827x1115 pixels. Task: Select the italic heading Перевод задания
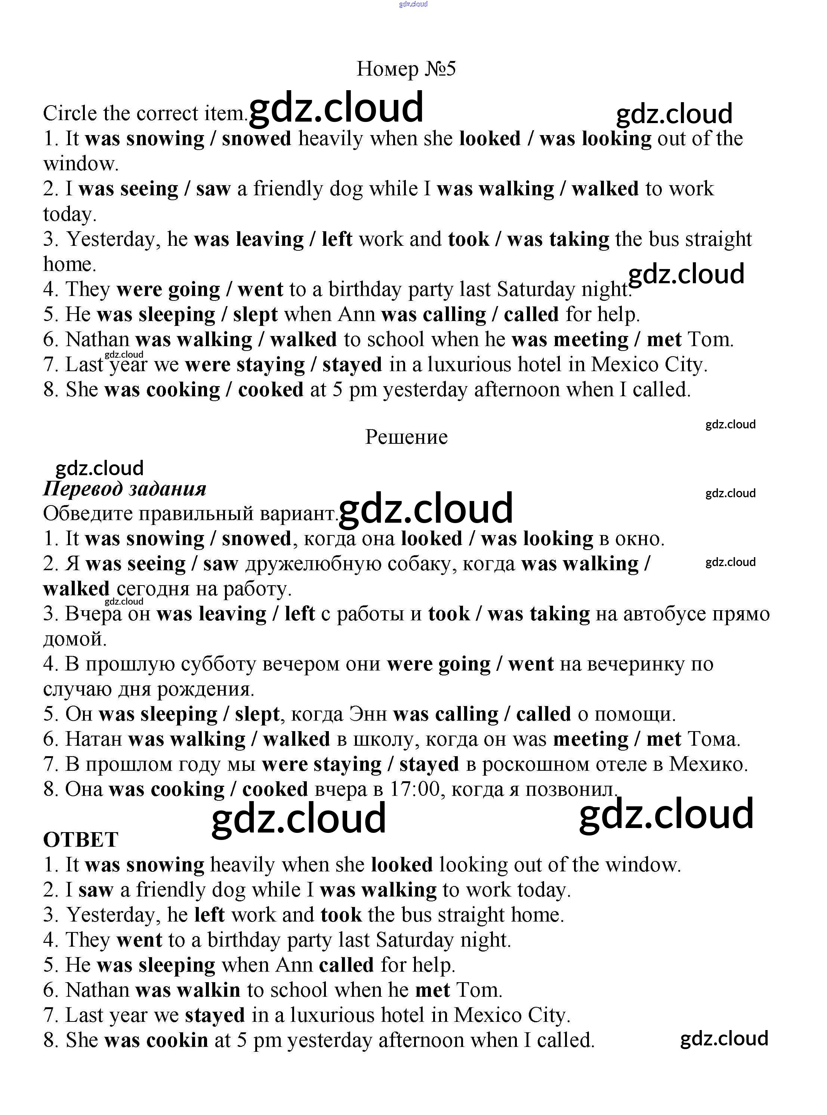[125, 489]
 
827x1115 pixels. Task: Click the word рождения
[206, 690]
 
